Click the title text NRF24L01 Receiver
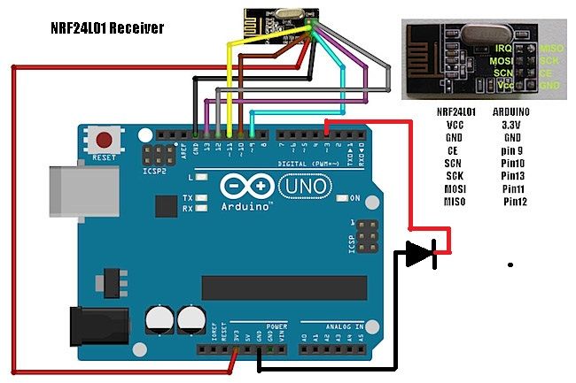point(108,29)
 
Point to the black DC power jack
point(89,322)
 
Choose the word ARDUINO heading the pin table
point(510,112)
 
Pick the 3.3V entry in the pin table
point(511,126)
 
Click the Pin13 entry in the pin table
point(514,176)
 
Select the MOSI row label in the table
point(455,189)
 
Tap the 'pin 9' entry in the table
point(512,151)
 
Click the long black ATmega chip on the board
point(284,287)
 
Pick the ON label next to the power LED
point(354,197)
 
